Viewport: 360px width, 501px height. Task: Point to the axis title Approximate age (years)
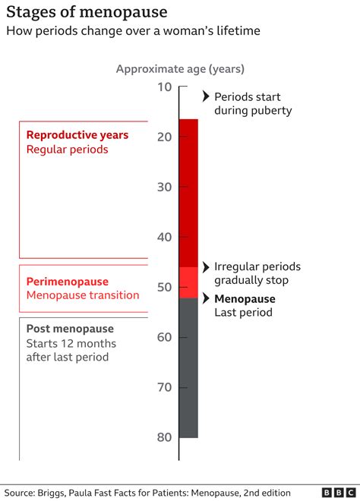[x=180, y=69]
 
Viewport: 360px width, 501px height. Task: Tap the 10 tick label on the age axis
[x=165, y=87]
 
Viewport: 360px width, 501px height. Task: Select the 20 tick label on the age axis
[x=165, y=137]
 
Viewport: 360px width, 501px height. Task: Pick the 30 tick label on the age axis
[x=165, y=187]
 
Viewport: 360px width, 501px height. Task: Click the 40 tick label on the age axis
[x=165, y=237]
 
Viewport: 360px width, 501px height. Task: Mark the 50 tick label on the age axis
[x=165, y=287]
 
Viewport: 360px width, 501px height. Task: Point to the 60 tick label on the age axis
[x=165, y=337]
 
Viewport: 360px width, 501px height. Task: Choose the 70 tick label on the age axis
[x=165, y=387]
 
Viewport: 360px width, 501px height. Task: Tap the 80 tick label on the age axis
[x=165, y=437]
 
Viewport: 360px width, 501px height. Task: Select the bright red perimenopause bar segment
[x=188, y=282]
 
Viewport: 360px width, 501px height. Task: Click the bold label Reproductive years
[x=77, y=135]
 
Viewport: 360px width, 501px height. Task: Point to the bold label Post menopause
[x=70, y=329]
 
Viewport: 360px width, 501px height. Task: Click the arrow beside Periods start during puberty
[x=206, y=96]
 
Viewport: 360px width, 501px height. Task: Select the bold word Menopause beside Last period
[x=244, y=298]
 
